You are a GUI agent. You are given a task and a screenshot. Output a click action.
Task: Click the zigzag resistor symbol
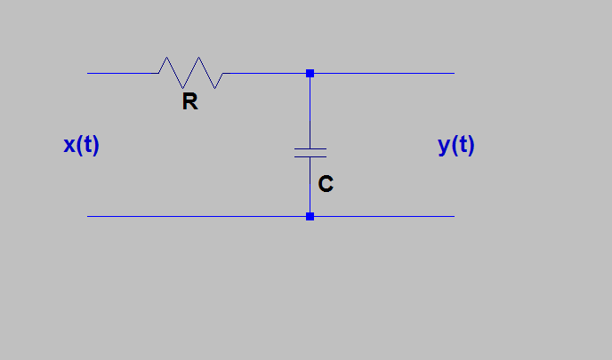point(190,73)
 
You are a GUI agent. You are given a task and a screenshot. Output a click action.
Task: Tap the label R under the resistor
point(189,102)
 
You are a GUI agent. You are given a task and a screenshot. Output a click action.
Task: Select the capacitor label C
point(326,184)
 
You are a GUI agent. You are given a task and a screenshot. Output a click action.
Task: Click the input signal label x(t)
point(81,145)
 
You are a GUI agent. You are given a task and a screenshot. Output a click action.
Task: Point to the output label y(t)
point(456,145)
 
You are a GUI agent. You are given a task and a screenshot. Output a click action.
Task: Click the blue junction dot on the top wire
point(310,73)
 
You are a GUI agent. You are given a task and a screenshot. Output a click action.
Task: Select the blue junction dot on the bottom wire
point(310,216)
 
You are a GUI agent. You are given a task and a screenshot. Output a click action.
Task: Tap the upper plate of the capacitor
point(310,148)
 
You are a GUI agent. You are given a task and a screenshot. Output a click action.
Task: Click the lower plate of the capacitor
point(310,156)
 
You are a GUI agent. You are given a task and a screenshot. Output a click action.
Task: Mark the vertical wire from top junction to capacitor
point(310,110)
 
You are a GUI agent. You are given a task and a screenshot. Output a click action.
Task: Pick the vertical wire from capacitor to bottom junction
point(310,187)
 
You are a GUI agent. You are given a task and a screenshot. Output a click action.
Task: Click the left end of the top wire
point(89,73)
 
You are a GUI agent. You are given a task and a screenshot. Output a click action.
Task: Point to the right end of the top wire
point(453,73)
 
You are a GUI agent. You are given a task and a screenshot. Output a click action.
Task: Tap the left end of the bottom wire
point(89,216)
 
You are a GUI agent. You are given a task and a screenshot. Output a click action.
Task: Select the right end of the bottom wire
point(453,216)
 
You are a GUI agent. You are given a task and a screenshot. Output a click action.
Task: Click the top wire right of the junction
point(382,73)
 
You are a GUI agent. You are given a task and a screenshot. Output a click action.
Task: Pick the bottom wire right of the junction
point(382,216)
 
